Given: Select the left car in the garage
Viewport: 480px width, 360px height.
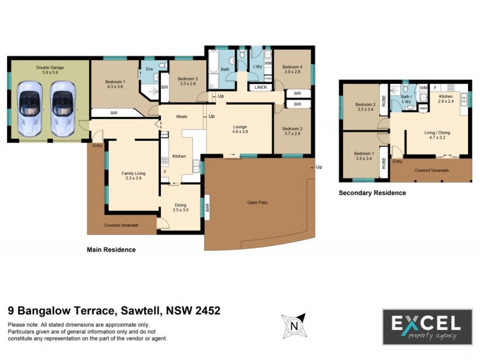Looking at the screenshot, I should click(30, 107).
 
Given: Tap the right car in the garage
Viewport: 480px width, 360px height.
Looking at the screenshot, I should click(61, 107).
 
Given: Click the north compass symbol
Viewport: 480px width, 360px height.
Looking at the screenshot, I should click(294, 325).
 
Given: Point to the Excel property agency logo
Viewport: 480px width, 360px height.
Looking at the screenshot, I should click(426, 326).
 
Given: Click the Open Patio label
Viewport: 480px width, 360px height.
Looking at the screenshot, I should click(257, 203).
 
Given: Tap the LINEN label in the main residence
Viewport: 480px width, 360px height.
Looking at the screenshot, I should click(260, 88).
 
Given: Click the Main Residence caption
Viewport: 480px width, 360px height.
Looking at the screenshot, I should click(111, 250).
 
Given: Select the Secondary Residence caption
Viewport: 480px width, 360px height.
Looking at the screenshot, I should click(372, 193).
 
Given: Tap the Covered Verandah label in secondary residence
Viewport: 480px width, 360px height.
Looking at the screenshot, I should click(431, 170).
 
